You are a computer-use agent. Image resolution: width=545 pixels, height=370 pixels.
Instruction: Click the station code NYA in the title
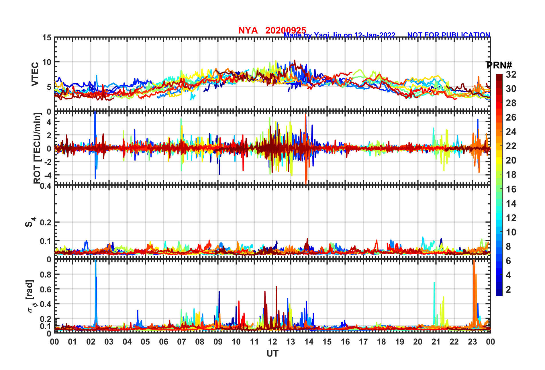248,30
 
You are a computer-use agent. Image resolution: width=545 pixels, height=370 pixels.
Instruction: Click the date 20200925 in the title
286,30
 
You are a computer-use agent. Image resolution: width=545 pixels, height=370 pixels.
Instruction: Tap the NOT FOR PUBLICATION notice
448,35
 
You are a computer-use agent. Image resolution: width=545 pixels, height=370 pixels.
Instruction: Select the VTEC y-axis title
35,74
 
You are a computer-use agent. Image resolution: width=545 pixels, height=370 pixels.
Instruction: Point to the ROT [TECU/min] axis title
37,148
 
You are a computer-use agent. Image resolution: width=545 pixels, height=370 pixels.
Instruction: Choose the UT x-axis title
272,354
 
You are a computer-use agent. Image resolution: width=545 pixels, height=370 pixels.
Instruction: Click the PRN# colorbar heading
499,65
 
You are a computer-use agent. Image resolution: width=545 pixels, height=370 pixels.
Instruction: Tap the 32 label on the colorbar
511,74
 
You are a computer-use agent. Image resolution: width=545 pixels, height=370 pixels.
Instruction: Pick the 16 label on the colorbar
511,189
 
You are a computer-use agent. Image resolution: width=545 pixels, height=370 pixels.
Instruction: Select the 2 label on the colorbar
508,290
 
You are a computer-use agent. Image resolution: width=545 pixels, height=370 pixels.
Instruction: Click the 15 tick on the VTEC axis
47,38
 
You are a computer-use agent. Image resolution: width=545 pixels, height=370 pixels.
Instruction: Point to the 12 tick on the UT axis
272,342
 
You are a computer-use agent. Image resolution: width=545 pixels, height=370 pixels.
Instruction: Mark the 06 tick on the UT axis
164,342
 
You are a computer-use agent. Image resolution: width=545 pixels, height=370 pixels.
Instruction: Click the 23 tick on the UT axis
472,342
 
